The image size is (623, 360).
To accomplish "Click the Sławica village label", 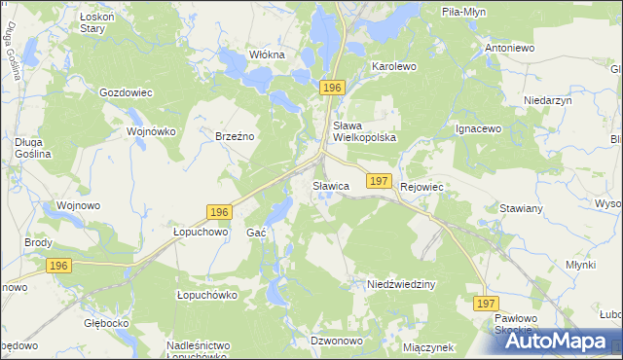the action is pyautogui.click(x=330, y=185).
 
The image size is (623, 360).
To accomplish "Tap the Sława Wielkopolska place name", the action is pyautogui.click(x=365, y=131).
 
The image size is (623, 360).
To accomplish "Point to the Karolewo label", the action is pyautogui.click(x=394, y=67).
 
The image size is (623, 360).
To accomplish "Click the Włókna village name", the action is pyautogui.click(x=266, y=54).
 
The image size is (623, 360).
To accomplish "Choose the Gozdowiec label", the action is pyautogui.click(x=126, y=93).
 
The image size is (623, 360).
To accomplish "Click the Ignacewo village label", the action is pyautogui.click(x=478, y=128).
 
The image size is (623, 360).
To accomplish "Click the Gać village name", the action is pyautogui.click(x=257, y=234).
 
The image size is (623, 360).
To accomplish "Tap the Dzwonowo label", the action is pyautogui.click(x=336, y=341).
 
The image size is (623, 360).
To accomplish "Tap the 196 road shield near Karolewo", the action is pyautogui.click(x=333, y=88).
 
